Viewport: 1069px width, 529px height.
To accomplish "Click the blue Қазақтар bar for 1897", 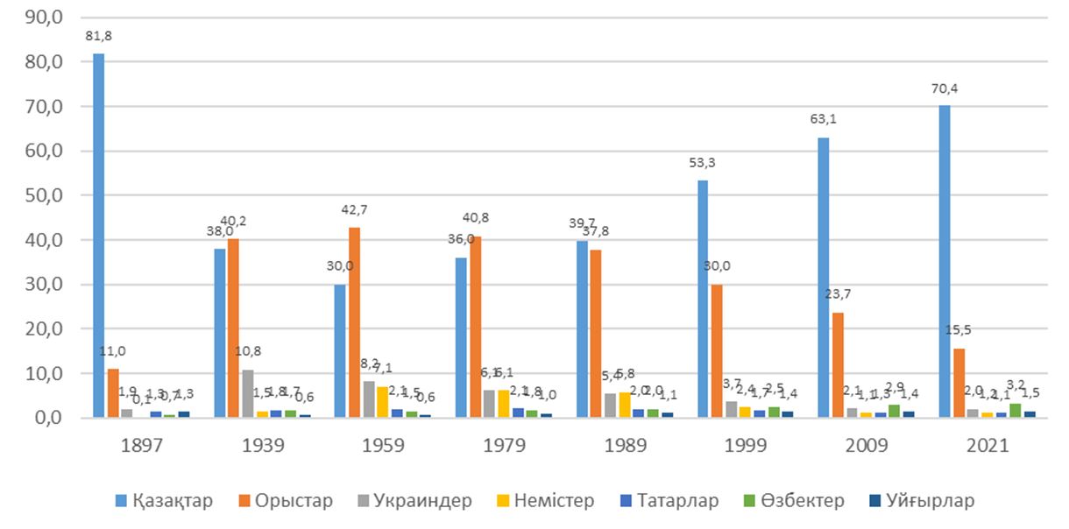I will pos(99,236).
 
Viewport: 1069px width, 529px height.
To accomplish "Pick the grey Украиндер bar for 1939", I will pos(248,393).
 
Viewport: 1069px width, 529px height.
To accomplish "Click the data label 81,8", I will pos(99,36).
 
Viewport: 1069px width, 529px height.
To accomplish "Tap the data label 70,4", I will pos(945,88).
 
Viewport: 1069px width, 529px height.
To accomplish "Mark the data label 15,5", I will pos(959,330).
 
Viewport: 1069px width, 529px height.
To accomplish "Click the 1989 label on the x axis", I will pos(626,445).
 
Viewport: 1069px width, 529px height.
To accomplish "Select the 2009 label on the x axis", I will pos(867,445).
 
